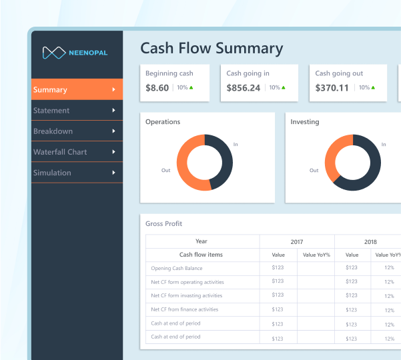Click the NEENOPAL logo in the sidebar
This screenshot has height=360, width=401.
(x=75, y=52)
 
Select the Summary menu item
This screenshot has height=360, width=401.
(x=51, y=89)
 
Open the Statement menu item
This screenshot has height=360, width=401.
(x=51, y=111)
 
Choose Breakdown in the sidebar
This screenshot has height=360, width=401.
(x=53, y=131)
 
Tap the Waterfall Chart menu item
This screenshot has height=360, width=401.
(x=60, y=152)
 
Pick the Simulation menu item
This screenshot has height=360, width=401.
(x=52, y=173)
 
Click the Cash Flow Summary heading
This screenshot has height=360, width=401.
(x=212, y=49)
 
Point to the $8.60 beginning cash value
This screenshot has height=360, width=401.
(x=157, y=88)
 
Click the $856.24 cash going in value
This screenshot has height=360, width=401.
(x=244, y=88)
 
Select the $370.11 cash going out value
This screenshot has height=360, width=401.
(x=332, y=88)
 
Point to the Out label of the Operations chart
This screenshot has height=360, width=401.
(x=165, y=170)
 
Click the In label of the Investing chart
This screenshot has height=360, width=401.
(x=383, y=144)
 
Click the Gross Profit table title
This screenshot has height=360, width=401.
(x=163, y=224)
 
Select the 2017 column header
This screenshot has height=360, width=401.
(x=296, y=241)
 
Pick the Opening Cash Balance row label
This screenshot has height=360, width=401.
(x=177, y=268)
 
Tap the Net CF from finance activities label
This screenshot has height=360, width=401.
(x=185, y=309)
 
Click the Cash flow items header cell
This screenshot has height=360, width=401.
(x=201, y=255)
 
